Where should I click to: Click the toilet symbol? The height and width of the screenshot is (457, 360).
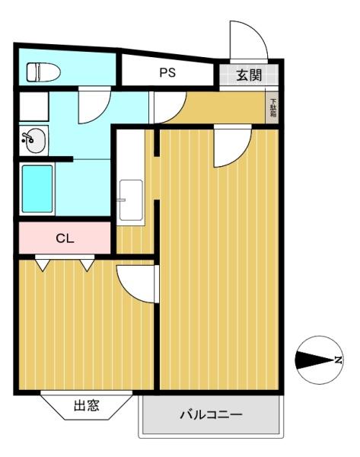[x=43, y=72]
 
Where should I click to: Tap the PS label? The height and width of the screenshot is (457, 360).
[x=167, y=72]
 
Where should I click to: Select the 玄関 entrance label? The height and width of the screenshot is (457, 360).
[x=249, y=75]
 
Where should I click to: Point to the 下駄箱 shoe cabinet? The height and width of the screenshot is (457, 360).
[x=272, y=107]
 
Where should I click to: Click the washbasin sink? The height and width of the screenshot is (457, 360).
[x=33, y=140]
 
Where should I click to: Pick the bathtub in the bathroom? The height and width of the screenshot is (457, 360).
[x=37, y=189]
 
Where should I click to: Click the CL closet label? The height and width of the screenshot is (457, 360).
[x=65, y=238]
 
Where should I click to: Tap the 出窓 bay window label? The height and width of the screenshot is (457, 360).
[x=87, y=405]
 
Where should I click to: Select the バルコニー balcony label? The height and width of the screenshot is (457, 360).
[x=211, y=414]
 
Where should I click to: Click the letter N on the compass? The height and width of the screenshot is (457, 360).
[x=338, y=360]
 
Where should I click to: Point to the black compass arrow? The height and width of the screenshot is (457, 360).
[x=314, y=360]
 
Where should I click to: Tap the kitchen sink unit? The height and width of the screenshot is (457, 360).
[x=131, y=200]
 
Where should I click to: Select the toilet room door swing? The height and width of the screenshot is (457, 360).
[x=94, y=106]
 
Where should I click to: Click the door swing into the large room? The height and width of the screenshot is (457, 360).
[x=232, y=146]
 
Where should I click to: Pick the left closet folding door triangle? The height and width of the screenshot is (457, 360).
[x=43, y=265]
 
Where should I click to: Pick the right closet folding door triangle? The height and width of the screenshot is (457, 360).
[x=87, y=265]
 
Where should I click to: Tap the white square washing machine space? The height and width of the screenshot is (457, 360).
[x=33, y=107]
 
